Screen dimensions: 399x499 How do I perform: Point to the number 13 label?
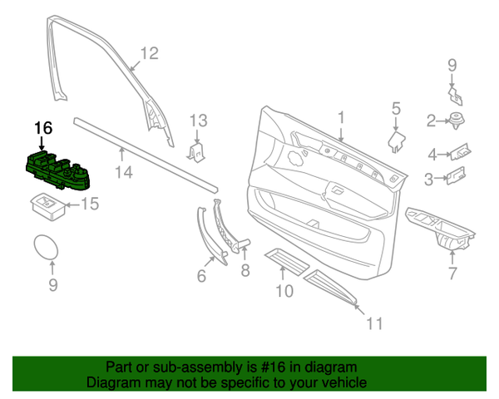coord(197,121)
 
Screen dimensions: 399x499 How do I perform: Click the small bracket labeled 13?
coord(197,151)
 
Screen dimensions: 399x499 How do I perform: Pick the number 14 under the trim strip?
coord(124,173)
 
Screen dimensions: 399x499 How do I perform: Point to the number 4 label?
coord(432,155)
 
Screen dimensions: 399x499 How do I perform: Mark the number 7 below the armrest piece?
coord(452,274)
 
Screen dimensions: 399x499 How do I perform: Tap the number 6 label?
coord(201,276)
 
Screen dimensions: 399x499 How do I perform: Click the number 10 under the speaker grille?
coord(284,291)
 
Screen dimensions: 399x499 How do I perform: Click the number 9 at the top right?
coord(452,65)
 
